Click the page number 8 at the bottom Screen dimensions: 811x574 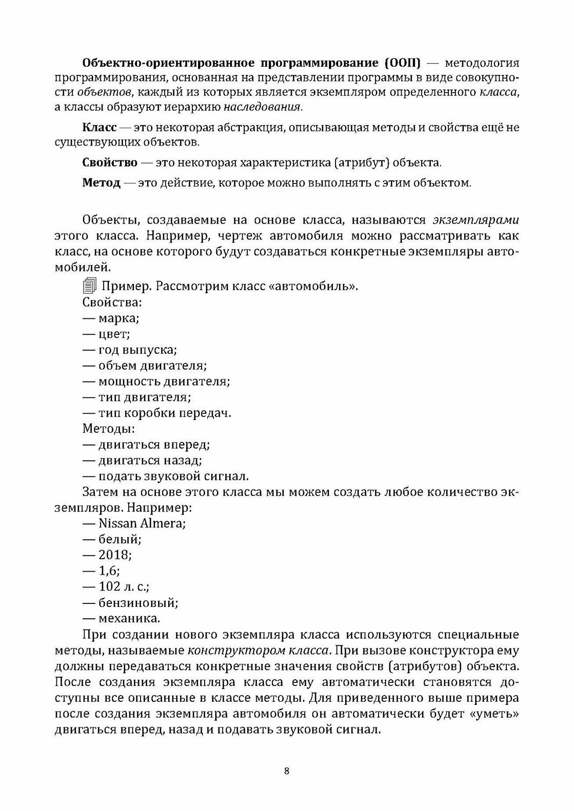click(x=287, y=772)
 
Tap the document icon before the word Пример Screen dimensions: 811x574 click(x=89, y=286)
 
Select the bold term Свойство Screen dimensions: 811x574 click(x=110, y=163)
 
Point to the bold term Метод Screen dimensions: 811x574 click(x=101, y=183)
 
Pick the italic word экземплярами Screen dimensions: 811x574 click(x=476, y=221)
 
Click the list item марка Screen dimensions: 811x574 click(x=118, y=318)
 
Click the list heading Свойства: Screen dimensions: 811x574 click(x=112, y=302)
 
